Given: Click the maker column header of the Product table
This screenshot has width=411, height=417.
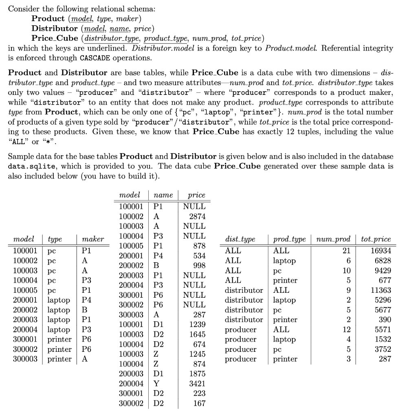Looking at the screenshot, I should (x=93, y=239).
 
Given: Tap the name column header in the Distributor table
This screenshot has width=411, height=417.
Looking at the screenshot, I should (x=163, y=195).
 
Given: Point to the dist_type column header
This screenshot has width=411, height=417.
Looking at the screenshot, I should (x=240, y=239).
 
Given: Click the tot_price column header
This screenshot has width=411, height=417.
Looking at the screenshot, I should (x=376, y=239).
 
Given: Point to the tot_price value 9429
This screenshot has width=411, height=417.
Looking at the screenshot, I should (x=381, y=270).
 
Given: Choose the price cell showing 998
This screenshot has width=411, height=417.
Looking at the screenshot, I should (x=199, y=266).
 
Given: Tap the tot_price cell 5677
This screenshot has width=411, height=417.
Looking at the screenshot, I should (x=381, y=310).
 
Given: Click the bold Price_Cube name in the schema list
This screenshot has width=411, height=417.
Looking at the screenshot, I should (x=55, y=38).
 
